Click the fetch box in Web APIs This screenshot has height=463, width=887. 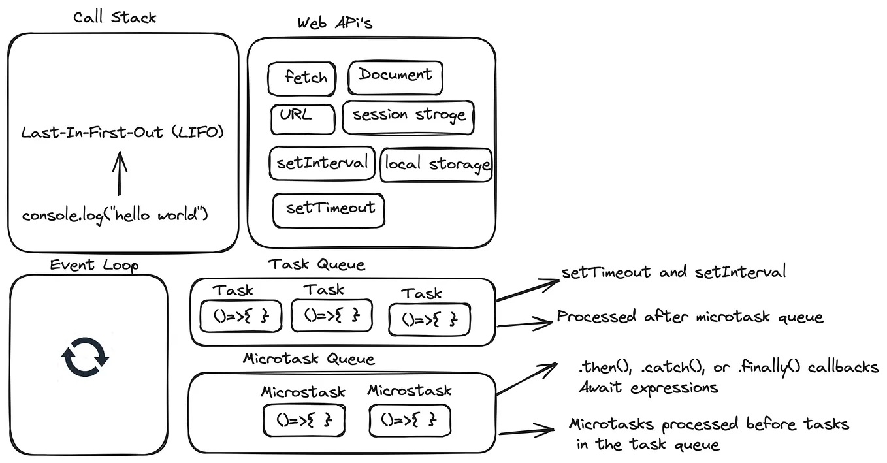302,78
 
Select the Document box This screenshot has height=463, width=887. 395,77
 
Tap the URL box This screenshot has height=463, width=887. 302,118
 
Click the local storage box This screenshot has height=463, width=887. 436,164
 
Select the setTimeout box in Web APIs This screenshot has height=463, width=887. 329,210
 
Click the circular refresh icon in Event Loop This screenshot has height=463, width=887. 85,357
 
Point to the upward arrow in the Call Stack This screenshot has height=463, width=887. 119,173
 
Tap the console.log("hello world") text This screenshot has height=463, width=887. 115,215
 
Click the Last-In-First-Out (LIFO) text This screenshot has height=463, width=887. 122,133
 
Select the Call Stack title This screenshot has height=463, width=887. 114,17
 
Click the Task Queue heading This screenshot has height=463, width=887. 317,264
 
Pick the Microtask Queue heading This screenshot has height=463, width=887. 309,359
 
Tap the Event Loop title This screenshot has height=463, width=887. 94,264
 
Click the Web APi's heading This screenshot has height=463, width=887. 335,24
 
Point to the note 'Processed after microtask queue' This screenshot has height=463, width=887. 690,317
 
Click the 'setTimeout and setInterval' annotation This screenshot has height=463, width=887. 673,272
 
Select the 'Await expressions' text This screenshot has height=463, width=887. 648,388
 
